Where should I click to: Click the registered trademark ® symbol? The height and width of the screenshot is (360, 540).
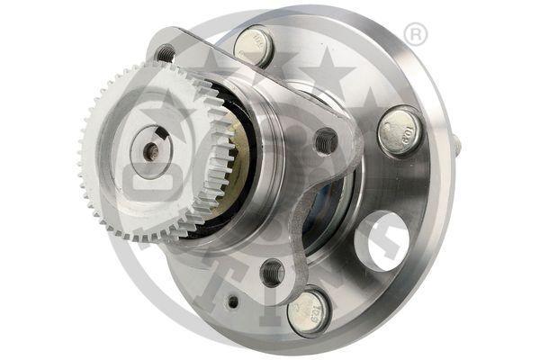coord(416,35)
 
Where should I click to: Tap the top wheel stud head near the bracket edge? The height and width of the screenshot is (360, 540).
coord(256,44)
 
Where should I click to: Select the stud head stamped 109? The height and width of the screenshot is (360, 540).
coord(398,130)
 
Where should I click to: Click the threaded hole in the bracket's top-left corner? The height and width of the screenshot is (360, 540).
coord(165,53)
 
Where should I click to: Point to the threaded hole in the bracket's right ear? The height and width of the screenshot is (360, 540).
coord(326,140)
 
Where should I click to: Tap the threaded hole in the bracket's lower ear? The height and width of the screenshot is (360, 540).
coord(271,271)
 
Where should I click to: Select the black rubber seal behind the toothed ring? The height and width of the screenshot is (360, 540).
coord(241,171)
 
